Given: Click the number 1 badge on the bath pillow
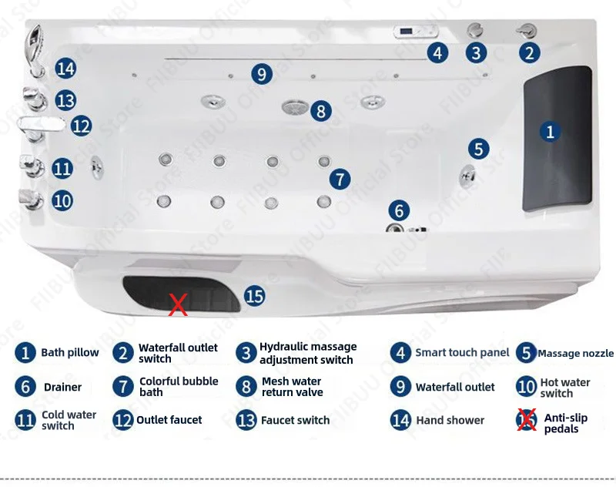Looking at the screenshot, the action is [x=549, y=132].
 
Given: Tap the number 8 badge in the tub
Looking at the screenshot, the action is [x=321, y=110].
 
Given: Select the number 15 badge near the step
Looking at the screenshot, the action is [x=254, y=295].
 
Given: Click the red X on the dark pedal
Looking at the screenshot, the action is [x=178, y=305].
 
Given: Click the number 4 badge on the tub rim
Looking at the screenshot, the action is [x=437, y=53].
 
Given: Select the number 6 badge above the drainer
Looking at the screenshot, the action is [x=398, y=210].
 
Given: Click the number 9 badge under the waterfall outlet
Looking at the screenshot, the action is [x=262, y=74].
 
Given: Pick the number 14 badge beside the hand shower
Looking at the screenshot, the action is [x=65, y=69].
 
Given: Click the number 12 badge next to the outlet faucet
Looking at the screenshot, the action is [x=81, y=125].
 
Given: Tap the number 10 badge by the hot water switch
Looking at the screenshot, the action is [x=63, y=200].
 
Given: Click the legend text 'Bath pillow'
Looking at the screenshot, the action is [x=69, y=353].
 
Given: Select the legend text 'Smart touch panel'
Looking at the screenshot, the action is [x=462, y=353].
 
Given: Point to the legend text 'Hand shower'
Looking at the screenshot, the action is [x=450, y=421].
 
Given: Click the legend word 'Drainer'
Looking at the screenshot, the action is [x=62, y=387].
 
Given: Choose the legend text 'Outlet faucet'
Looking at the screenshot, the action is [x=169, y=420].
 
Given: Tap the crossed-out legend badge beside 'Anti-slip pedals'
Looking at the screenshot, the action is [x=527, y=420].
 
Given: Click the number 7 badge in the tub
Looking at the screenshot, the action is [x=340, y=180].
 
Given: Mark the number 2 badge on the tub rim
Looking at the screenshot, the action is [x=529, y=52].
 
